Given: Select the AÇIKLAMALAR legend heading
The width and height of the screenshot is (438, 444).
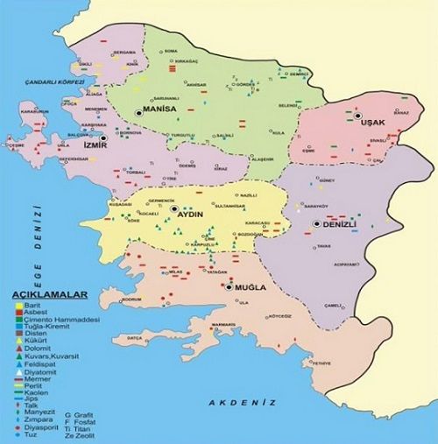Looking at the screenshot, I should [x=43, y=296].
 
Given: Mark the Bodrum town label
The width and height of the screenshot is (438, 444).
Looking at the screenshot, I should [x=131, y=300].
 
